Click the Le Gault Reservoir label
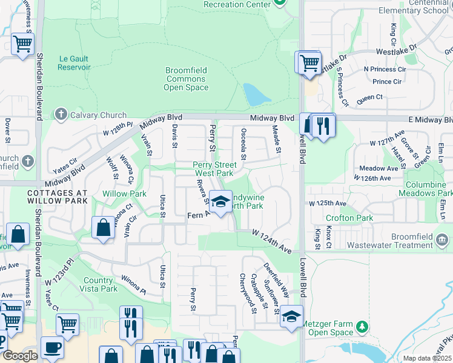[74, 63]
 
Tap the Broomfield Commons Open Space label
[186, 79]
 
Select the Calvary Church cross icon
[61, 114]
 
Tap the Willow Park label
[124, 194]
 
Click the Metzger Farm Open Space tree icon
[363, 327]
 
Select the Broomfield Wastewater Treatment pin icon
[443, 241]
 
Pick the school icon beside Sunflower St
[291, 317]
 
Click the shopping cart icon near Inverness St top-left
[22, 43]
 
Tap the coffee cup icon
[51, 348]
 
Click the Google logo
[19, 356]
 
